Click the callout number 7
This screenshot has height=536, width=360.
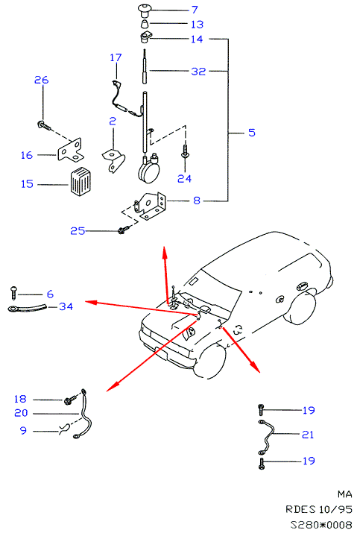[x=195, y=10]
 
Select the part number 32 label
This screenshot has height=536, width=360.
[x=198, y=71]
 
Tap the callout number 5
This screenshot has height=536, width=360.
[x=252, y=133]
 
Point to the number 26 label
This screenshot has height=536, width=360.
[x=42, y=80]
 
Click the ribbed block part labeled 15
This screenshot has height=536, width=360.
[x=80, y=181]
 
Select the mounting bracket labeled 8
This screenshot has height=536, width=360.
[x=150, y=206]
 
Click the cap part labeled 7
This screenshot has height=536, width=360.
[x=144, y=10]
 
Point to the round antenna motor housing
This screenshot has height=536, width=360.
[x=148, y=172]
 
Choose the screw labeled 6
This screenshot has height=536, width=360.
[x=14, y=293]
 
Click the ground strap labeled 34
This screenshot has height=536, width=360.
[x=27, y=308]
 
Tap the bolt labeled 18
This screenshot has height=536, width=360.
[x=69, y=400]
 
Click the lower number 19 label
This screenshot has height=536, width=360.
[x=309, y=461]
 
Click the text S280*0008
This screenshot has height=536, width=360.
[x=321, y=524]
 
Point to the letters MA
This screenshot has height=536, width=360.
[x=344, y=494]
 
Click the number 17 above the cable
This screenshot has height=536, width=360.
[x=116, y=57]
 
